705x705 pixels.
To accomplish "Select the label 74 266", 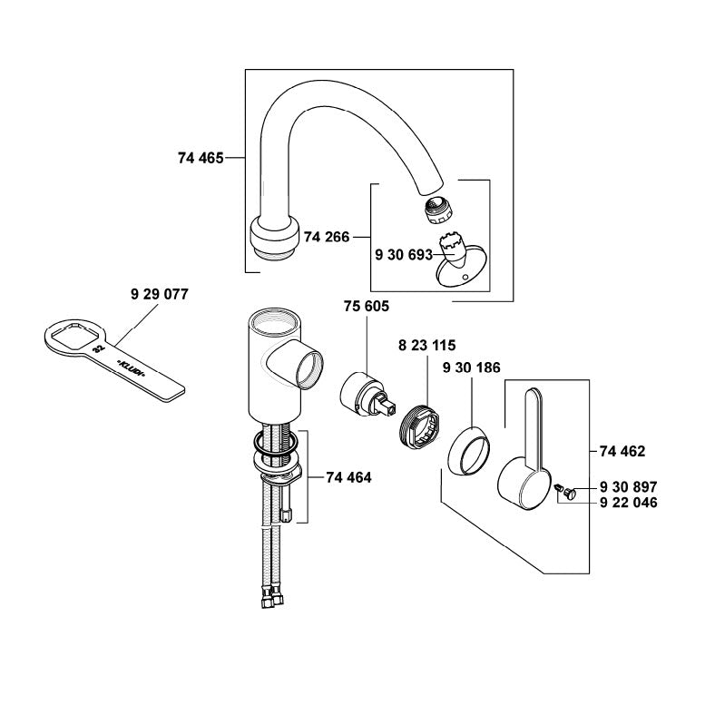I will click(328, 237).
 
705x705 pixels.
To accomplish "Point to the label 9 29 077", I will click(159, 295).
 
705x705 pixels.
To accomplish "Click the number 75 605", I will click(367, 307).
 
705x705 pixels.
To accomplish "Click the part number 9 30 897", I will click(628, 486).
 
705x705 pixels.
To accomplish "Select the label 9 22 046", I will click(628, 503).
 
